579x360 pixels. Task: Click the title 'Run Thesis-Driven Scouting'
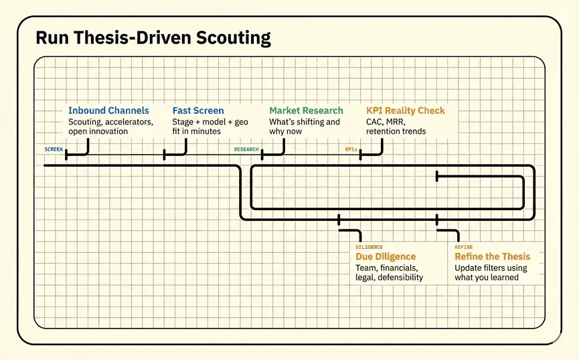pos(153,37)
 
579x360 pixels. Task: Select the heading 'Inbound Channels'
pos(108,110)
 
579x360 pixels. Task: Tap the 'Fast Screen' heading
pos(198,110)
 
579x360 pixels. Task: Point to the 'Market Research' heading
pos(306,110)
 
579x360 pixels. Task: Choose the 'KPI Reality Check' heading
pos(405,110)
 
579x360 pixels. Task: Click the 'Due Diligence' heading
pos(386,256)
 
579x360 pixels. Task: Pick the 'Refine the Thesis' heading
pos(492,256)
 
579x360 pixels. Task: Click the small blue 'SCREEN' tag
pos(54,149)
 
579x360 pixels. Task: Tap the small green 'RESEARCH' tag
pos(246,149)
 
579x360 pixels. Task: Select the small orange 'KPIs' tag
pos(351,149)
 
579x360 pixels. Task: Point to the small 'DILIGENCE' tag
pos(369,247)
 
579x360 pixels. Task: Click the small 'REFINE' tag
pos(464,247)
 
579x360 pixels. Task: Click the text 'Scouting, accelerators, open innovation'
pos(110,126)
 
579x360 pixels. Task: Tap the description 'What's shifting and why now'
pos(305,126)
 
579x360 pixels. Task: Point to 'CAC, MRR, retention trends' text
pos(396,126)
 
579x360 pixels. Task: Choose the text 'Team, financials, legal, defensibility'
pos(389,272)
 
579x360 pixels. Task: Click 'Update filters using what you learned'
pos(491,272)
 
